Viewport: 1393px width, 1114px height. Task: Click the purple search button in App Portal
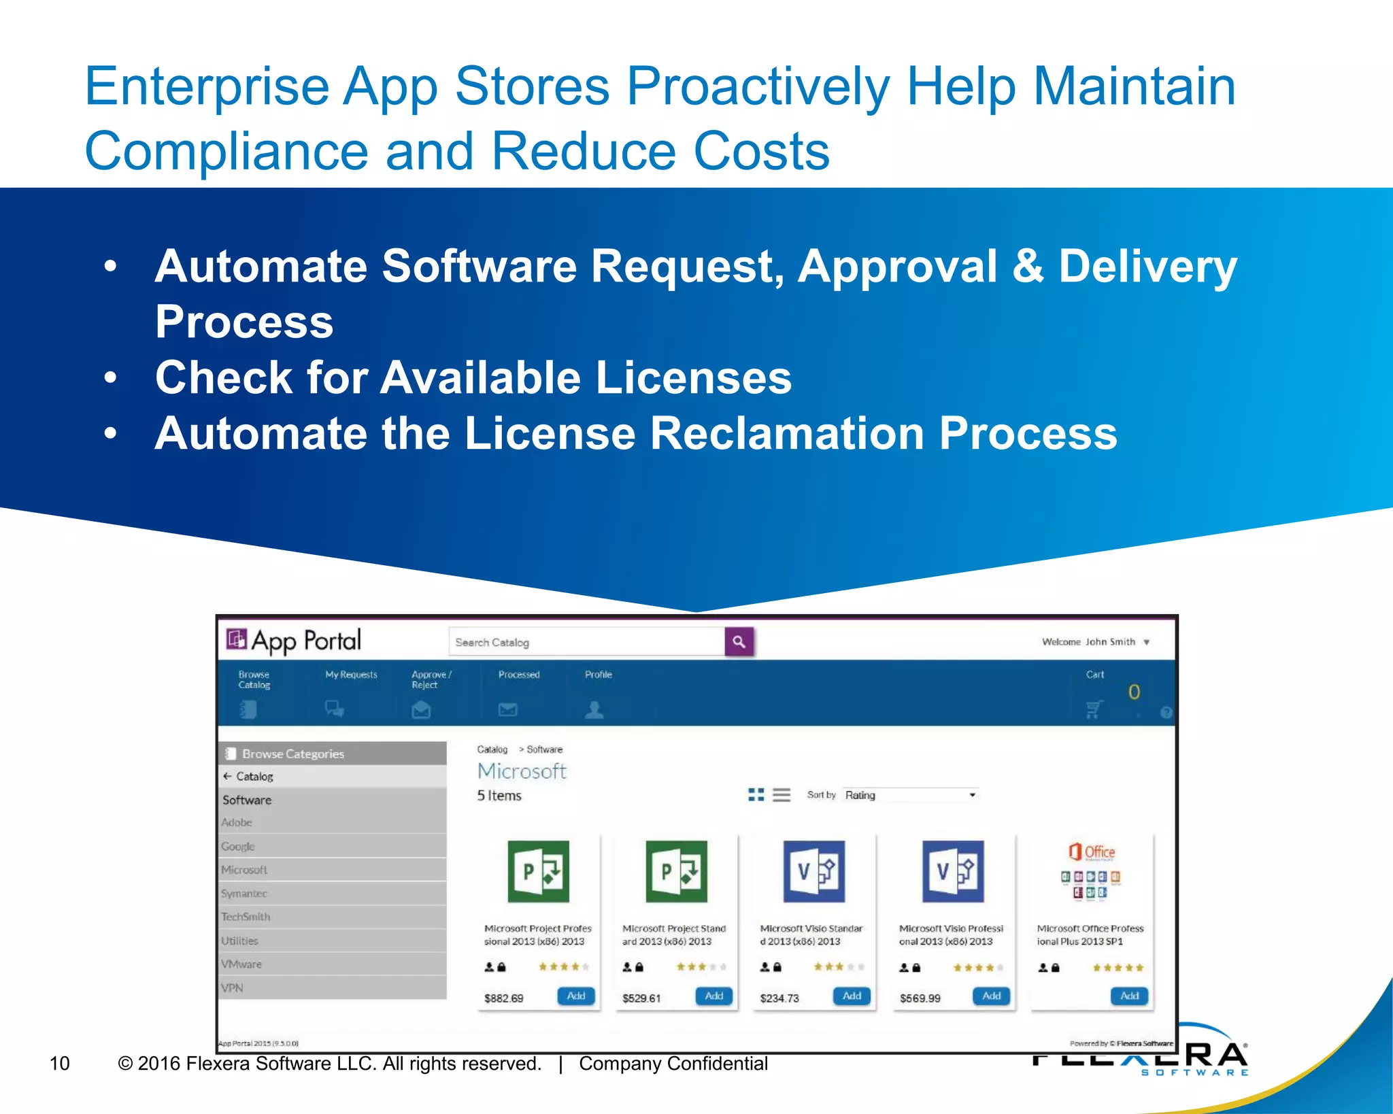click(739, 641)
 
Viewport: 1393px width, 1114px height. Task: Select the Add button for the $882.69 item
click(576, 996)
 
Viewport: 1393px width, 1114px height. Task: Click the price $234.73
click(779, 998)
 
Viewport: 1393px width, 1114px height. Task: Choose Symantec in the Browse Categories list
click(245, 893)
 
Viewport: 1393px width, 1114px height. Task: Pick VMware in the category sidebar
click(241, 964)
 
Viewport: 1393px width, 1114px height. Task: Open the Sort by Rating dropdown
click(910, 795)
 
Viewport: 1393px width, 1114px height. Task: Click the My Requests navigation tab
click(351, 675)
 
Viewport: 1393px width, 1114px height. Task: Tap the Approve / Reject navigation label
click(431, 679)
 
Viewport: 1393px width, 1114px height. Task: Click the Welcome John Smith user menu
click(1095, 641)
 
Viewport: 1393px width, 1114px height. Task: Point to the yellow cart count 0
click(1134, 692)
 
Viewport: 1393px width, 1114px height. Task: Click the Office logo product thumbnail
click(1091, 872)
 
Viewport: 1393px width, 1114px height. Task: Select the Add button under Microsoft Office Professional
click(1129, 996)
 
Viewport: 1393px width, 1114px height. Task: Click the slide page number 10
click(60, 1063)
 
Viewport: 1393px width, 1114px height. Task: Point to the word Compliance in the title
click(226, 150)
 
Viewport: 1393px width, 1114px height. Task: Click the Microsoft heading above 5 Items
click(522, 771)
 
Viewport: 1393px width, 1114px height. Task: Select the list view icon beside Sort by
click(782, 795)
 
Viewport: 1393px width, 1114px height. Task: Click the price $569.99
click(920, 998)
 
